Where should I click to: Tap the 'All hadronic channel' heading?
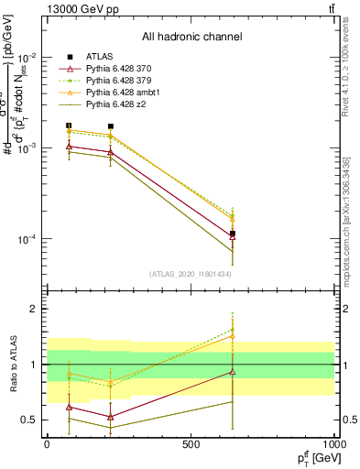191,37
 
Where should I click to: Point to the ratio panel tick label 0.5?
27,420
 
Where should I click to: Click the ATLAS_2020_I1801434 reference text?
191,273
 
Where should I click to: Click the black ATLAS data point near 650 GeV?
233,234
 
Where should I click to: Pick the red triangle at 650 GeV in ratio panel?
233,372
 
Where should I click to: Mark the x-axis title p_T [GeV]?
313,458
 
